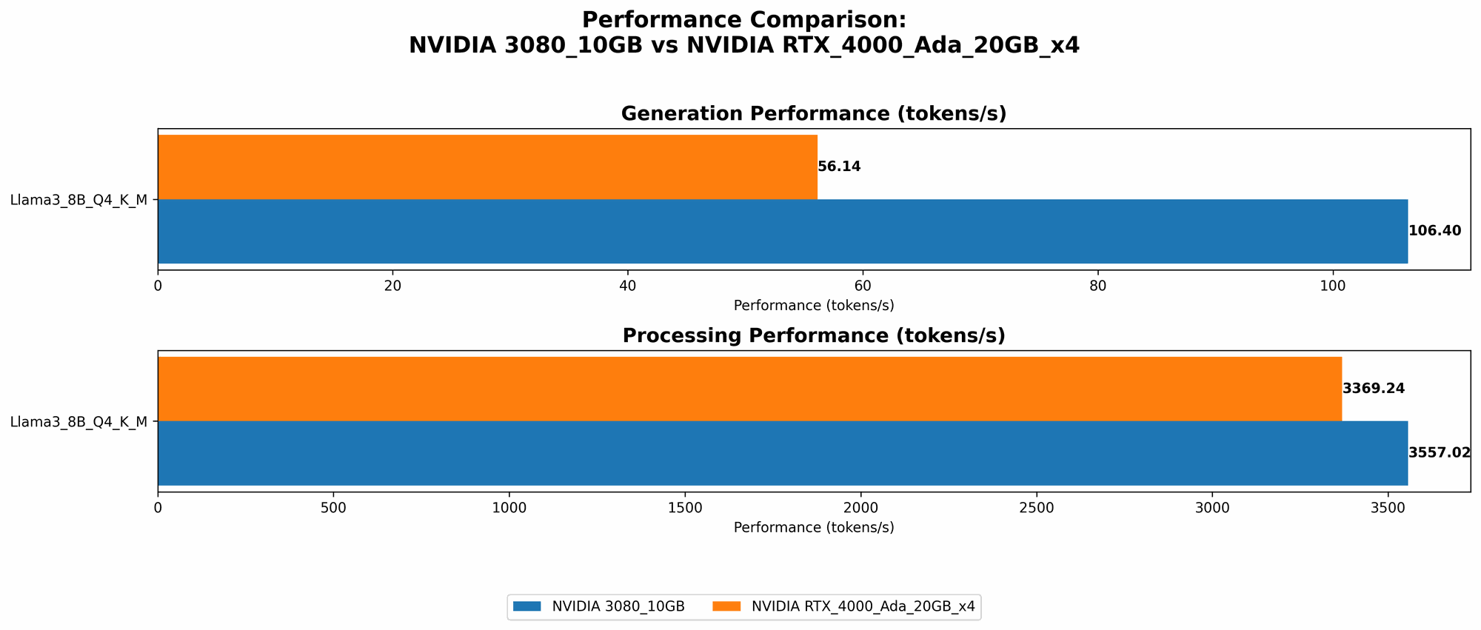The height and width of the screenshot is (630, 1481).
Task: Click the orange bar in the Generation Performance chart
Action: click(x=487, y=167)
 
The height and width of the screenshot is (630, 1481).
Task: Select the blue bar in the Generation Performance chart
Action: click(x=782, y=231)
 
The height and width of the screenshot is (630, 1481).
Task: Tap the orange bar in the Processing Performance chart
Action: click(x=749, y=389)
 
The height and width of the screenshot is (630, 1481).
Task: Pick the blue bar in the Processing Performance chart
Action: click(x=782, y=453)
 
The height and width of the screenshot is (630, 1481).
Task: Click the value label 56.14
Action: click(x=839, y=167)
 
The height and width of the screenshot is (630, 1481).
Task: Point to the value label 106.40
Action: click(x=1434, y=231)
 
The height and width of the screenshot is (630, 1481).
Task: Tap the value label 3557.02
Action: click(x=1439, y=453)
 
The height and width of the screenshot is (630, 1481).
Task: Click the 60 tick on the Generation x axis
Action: click(x=863, y=286)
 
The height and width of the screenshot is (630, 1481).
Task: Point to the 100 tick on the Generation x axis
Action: click(x=1332, y=286)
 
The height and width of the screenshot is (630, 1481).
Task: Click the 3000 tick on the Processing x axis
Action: click(x=1212, y=508)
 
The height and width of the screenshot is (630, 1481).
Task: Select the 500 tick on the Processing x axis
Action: click(x=333, y=508)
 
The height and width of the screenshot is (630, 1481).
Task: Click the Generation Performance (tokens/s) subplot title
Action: click(x=813, y=114)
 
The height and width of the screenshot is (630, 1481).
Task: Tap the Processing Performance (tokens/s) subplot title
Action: click(x=813, y=336)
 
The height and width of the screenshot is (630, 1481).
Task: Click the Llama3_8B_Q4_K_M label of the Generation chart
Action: click(x=78, y=199)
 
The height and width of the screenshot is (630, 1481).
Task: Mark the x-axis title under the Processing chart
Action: click(x=813, y=528)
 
